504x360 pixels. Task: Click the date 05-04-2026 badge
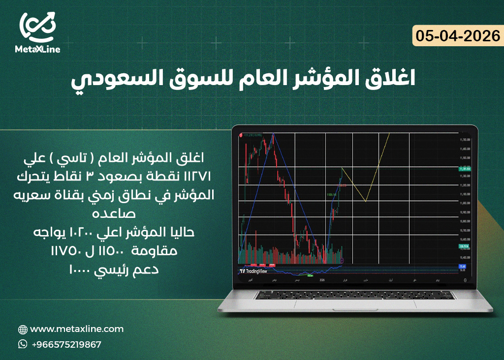pyautogui.click(x=458, y=36)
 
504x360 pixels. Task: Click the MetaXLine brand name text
pyautogui.click(x=38, y=50)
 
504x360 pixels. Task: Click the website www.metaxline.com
pyautogui.click(x=77, y=329)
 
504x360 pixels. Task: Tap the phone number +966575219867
pyautogui.click(x=66, y=344)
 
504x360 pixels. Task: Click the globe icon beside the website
pyautogui.click(x=23, y=330)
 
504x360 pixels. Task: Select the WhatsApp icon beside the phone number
pyautogui.click(x=23, y=344)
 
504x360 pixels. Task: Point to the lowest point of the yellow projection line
pyautogui.click(x=366, y=201)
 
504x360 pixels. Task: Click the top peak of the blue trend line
pyautogui.click(x=273, y=134)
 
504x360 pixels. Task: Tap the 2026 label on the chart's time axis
pyautogui.click(x=322, y=279)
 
